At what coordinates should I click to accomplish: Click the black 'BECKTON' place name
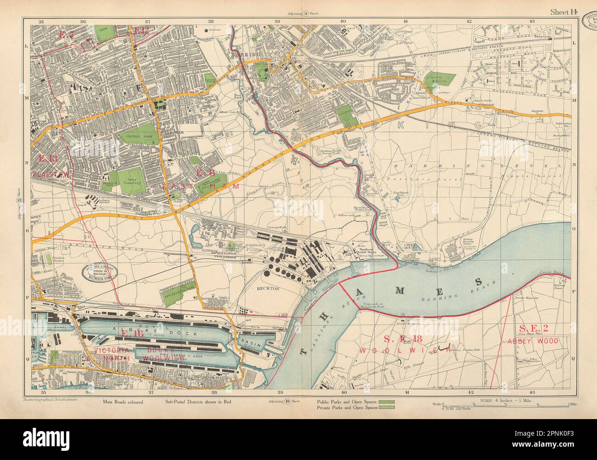(268, 289)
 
